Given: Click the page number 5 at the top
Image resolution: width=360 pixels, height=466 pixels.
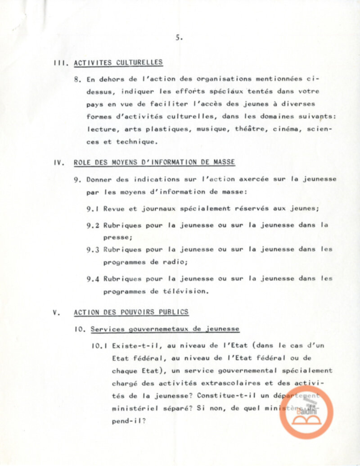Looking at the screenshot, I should click(179, 38).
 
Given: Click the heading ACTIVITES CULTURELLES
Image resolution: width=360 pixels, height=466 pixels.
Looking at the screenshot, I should click(118, 63).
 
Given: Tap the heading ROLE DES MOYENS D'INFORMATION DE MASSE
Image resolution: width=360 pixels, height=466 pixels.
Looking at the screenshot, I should click(154, 162).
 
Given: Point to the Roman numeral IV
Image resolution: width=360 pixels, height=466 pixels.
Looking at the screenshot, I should click(58, 163).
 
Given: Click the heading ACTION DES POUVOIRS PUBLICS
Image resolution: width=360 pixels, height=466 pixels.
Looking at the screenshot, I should click(131, 312).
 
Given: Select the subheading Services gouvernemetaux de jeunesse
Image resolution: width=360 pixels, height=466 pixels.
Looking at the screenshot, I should click(165, 329).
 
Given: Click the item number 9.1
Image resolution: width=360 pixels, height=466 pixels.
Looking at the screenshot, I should click(93, 208).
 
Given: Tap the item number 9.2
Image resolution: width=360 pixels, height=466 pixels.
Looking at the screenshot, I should click(93, 225).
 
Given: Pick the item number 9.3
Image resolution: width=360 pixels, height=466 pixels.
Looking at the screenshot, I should click(93, 249).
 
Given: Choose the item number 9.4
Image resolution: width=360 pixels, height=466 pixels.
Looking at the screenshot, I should click(93, 279).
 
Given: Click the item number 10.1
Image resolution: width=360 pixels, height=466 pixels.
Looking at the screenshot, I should click(99, 346).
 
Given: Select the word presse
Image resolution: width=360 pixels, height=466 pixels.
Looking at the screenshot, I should click(117, 237).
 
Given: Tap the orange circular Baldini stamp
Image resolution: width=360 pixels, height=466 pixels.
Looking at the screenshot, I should click(306, 412).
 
